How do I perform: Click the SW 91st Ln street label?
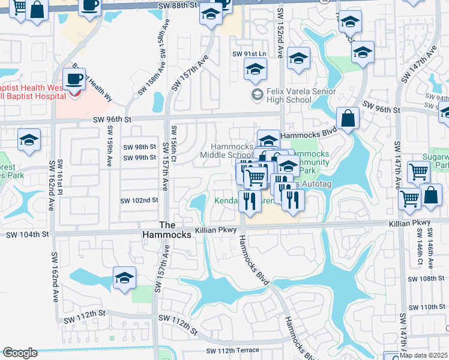pyautogui.click(x=249, y=54)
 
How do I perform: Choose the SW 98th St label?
pyautogui.click(x=139, y=147)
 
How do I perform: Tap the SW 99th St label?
pyautogui.click(x=139, y=158)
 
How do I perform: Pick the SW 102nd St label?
pyautogui.click(x=139, y=200)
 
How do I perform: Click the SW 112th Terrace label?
pyautogui.click(x=234, y=350)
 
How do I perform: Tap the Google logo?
pyautogui.click(x=20, y=353)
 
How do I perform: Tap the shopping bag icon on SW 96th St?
pyautogui.click(x=348, y=117)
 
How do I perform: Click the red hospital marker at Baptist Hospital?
pyautogui.click(x=74, y=93)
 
